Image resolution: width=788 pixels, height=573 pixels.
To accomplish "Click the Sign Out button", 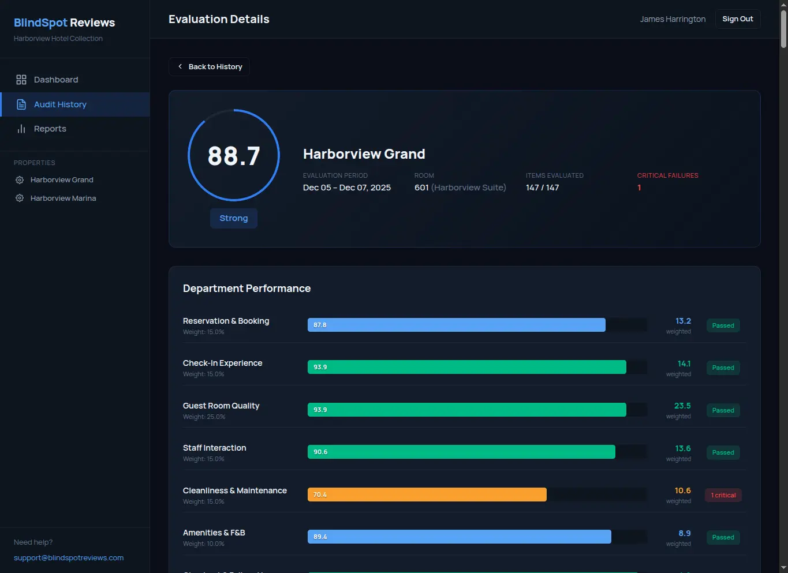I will [x=737, y=19].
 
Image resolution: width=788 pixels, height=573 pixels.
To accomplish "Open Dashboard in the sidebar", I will [x=55, y=80].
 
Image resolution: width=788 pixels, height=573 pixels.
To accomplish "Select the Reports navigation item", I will [x=50, y=129].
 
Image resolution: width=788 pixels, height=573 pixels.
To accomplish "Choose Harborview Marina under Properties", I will [x=63, y=199].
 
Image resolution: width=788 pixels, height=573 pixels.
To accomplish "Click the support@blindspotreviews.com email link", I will [x=69, y=558].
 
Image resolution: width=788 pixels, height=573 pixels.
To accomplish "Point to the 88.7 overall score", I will [x=234, y=156].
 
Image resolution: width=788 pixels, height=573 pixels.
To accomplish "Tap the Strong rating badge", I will [x=234, y=218].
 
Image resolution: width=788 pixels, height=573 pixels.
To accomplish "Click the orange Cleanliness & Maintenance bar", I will [x=427, y=495].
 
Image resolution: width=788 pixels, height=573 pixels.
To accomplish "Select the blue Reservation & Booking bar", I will [x=456, y=325].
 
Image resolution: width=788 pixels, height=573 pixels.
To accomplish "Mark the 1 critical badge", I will [x=723, y=495].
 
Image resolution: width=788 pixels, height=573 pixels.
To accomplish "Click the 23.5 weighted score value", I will [x=682, y=406].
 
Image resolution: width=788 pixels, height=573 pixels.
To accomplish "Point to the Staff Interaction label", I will [x=215, y=448].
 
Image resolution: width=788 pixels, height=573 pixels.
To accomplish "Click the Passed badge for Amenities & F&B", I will [x=723, y=537].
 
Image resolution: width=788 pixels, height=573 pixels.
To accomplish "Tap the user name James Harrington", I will [x=673, y=19].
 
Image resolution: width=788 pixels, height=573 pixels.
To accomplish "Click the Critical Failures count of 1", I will [x=639, y=188].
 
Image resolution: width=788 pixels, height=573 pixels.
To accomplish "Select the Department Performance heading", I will [x=247, y=289].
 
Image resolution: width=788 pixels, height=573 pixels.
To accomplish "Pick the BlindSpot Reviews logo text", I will [x=64, y=23].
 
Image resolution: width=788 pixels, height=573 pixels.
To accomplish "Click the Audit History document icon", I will [x=21, y=104].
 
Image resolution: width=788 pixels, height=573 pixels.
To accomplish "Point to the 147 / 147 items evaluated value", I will [x=542, y=188].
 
